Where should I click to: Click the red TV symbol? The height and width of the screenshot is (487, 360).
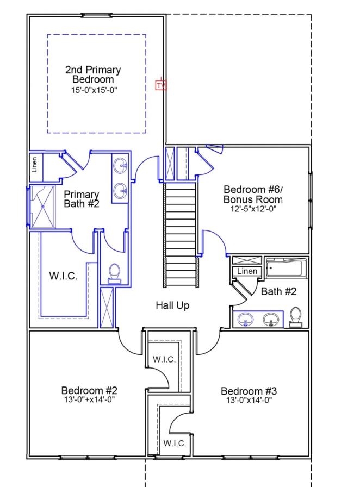click(161, 85)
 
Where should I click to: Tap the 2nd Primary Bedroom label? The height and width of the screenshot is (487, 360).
click(92, 74)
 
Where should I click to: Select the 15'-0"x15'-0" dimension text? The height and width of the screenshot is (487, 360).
click(94, 90)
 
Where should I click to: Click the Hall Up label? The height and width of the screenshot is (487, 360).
click(172, 305)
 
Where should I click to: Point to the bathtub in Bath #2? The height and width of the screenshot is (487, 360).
click(286, 268)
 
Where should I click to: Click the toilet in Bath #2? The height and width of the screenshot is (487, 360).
click(295, 317)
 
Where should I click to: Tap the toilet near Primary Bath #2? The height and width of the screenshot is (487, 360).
click(114, 273)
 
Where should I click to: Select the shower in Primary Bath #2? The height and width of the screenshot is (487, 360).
click(43, 207)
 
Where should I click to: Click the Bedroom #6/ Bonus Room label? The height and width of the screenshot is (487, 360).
click(253, 194)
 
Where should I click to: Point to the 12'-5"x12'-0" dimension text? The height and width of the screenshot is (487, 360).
click(253, 209)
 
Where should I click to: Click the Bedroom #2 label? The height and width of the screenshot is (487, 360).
click(89, 390)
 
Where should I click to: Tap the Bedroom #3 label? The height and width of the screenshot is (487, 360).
click(249, 391)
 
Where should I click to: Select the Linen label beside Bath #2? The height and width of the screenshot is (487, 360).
click(247, 271)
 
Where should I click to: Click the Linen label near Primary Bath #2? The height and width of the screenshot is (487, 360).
click(34, 165)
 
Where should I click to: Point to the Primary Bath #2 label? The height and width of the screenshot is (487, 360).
click(82, 199)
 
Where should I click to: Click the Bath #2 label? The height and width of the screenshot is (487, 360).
click(278, 291)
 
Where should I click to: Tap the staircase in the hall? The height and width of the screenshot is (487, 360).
click(181, 235)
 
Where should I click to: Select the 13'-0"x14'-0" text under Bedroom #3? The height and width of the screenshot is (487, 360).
click(249, 400)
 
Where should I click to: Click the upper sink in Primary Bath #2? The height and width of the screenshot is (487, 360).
click(120, 165)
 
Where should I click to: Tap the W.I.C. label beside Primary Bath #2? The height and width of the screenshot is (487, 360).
click(64, 276)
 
